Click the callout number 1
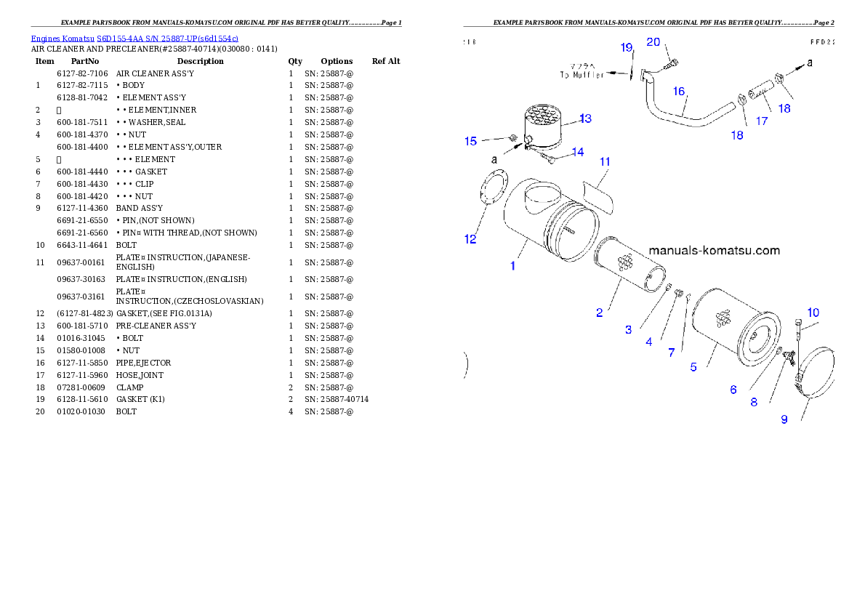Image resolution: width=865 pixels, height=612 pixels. (x=512, y=266)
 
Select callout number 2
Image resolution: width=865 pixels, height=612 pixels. (x=600, y=313)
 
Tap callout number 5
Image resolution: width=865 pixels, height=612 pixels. (x=693, y=367)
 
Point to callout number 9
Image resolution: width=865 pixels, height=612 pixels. (x=784, y=419)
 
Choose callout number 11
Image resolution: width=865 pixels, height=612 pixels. (x=605, y=161)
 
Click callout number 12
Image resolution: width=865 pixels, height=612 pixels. (x=471, y=239)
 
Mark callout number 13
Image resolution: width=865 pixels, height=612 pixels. (x=586, y=118)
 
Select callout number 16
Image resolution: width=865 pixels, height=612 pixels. (x=679, y=92)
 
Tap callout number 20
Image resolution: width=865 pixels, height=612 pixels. (x=653, y=42)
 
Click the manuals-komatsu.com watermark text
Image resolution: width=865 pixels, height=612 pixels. (x=714, y=251)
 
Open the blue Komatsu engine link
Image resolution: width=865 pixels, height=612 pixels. (x=134, y=38)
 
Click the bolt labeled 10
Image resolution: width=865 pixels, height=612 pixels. (x=799, y=331)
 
